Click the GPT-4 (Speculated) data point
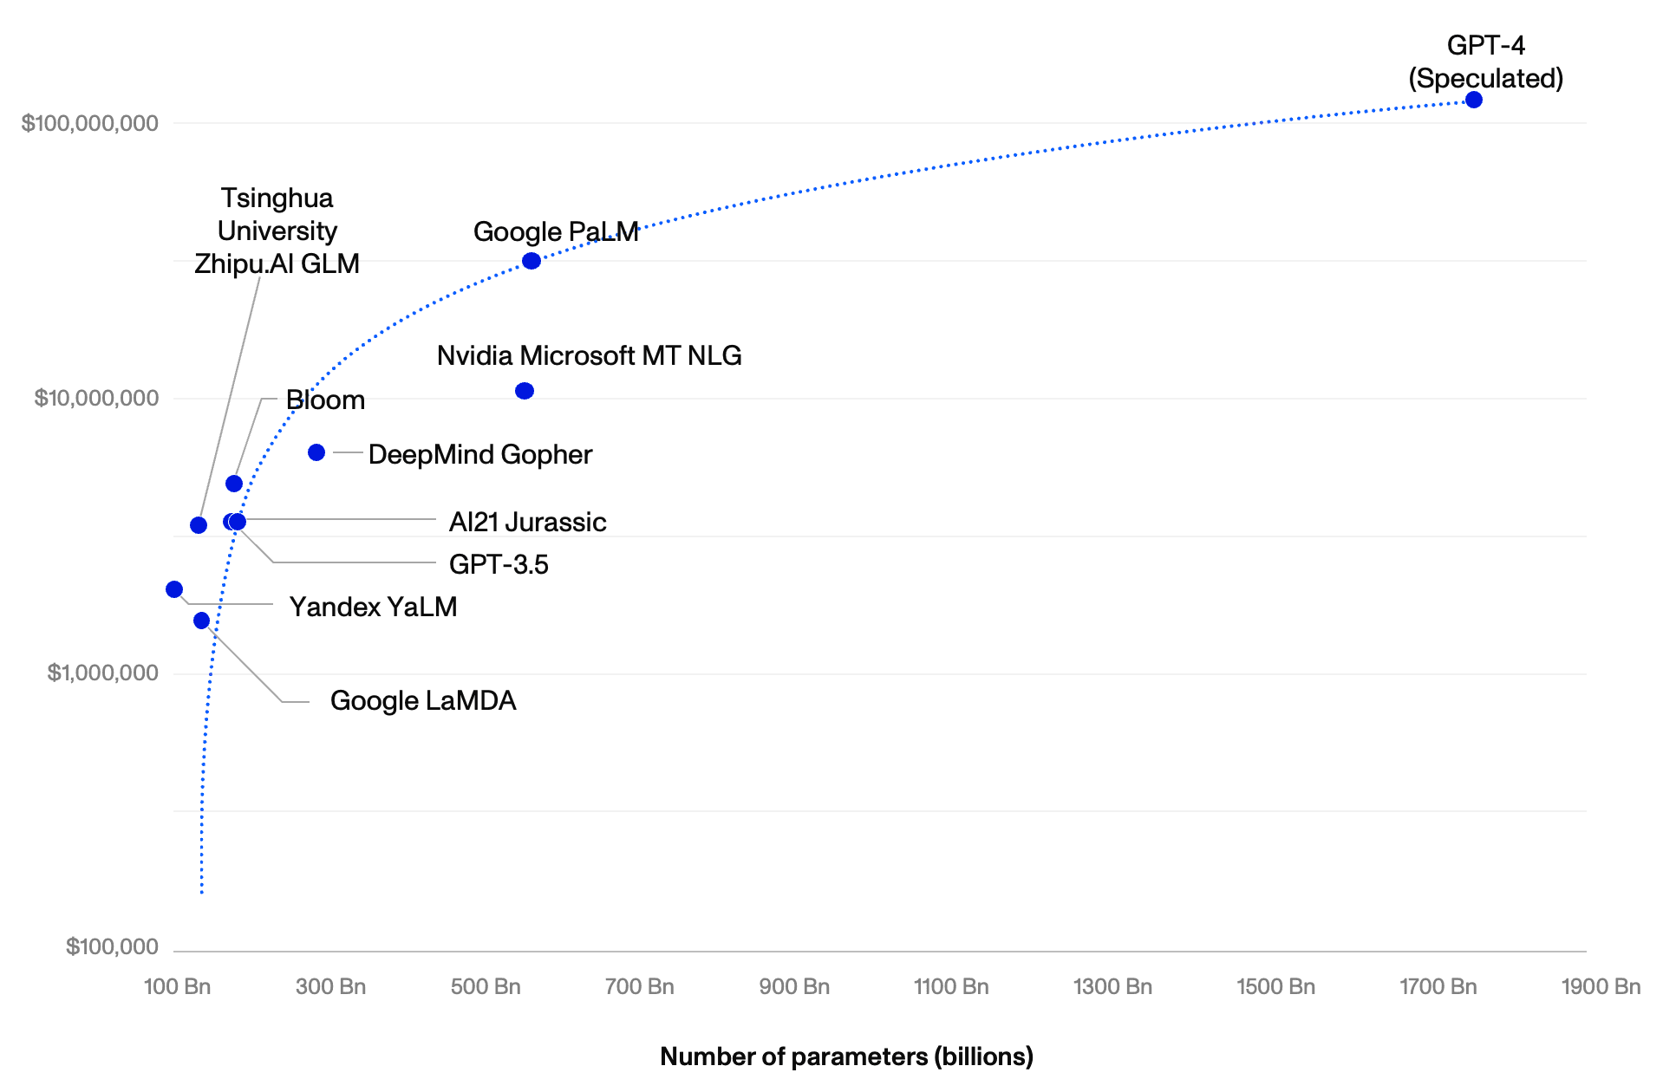click(1473, 100)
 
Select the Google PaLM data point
click(532, 261)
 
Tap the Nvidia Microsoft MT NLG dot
click(525, 391)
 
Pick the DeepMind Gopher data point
click(316, 452)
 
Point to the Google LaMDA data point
click(202, 621)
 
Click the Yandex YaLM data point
click(174, 589)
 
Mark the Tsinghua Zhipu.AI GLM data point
click(199, 525)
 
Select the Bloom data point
click(234, 484)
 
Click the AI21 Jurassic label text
click(527, 522)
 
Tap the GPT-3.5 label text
click(499, 564)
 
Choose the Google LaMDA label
click(423, 700)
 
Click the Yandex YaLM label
click(373, 607)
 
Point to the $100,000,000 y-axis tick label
click(90, 123)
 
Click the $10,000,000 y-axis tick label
click(96, 398)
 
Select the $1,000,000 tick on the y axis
click(102, 673)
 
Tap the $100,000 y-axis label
click(112, 946)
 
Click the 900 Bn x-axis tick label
click(794, 986)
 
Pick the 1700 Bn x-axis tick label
click(1438, 986)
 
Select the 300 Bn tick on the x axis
click(330, 986)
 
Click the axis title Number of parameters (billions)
click(846, 1056)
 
